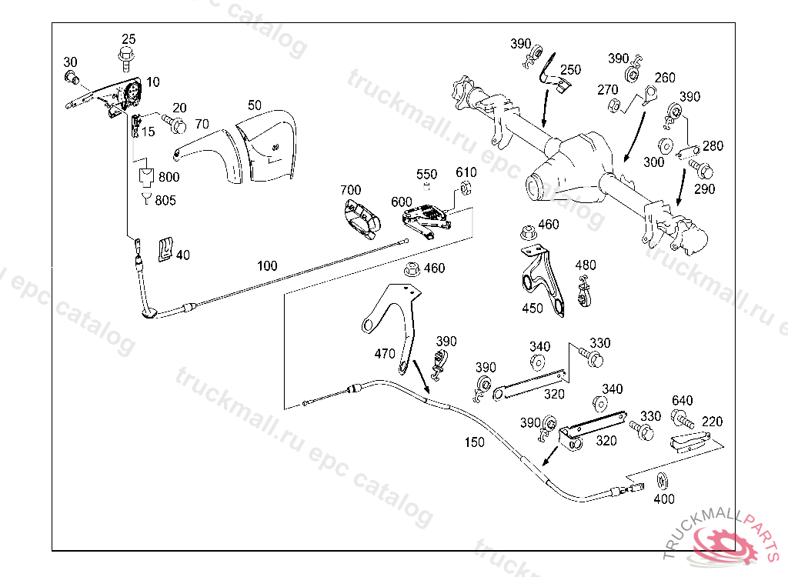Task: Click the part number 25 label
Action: point(129,38)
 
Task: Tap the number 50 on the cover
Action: point(255,104)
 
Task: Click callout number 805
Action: point(165,201)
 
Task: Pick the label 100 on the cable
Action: point(267,266)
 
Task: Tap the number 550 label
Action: point(427,175)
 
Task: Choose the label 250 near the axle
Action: point(570,70)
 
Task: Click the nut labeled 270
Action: point(613,106)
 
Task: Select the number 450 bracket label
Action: point(533,308)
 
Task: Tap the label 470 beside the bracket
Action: point(385,354)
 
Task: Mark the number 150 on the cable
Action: point(475,442)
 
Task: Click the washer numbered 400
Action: point(662,482)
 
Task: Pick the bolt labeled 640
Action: point(681,419)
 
